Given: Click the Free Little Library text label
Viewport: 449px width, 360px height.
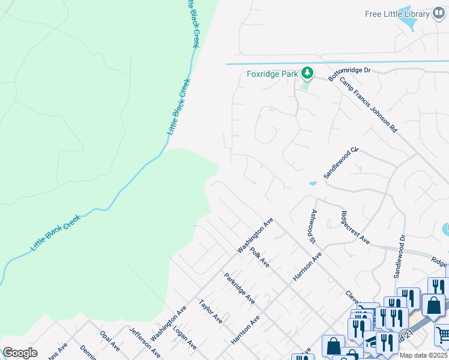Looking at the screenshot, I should tap(397, 14).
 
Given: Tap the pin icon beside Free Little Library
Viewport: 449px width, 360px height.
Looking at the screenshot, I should tap(439, 14).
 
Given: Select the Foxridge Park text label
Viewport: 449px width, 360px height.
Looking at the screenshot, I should tap(273, 74).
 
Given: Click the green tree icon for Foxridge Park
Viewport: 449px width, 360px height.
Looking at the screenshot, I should tap(307, 73).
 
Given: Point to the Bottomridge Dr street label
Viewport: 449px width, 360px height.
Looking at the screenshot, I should tap(350, 71).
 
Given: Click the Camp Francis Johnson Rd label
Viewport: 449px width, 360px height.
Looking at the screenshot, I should tap(369, 105).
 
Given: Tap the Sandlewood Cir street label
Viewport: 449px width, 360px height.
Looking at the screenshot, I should tap(340, 162).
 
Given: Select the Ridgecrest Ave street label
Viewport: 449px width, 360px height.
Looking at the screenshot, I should tap(354, 227).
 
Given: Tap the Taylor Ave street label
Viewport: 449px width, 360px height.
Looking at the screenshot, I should tap(211, 312).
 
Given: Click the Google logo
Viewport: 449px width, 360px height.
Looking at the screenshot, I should tap(20, 353).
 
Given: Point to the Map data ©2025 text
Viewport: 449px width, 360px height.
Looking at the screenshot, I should tap(423, 355).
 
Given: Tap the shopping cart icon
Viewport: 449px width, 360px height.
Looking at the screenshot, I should tap(442, 334).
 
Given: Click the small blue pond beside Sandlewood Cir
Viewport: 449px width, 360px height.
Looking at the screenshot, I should tap(313, 183).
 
